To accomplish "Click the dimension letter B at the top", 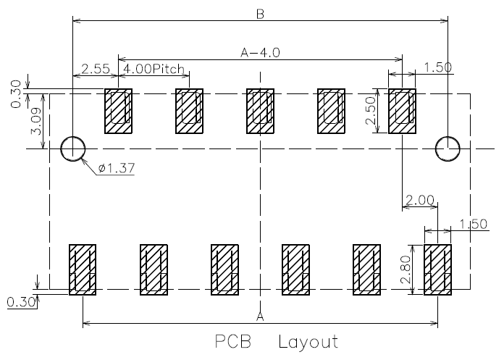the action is click(261, 14).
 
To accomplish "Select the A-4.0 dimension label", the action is click(261, 52).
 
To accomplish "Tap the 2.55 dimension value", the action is click(96, 69).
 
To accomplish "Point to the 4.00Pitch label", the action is click(154, 69).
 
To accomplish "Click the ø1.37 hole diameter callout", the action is click(117, 168).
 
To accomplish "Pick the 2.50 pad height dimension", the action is click(371, 111).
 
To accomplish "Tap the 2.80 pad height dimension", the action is click(406, 269).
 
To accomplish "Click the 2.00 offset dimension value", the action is click(420, 200).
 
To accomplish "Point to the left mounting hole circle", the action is click(73, 137).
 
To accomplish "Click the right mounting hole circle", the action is click(448, 137).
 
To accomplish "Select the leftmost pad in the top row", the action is click(118, 111).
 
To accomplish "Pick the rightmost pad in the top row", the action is click(402, 111).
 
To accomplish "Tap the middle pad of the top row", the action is click(261, 111).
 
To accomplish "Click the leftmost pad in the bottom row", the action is click(83, 269).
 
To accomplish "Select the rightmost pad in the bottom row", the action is click(437, 269).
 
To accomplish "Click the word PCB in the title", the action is click(233, 342).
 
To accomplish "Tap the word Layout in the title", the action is click(308, 342).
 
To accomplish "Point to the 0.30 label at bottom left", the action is click(21, 302).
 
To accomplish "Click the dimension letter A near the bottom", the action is click(261, 317).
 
